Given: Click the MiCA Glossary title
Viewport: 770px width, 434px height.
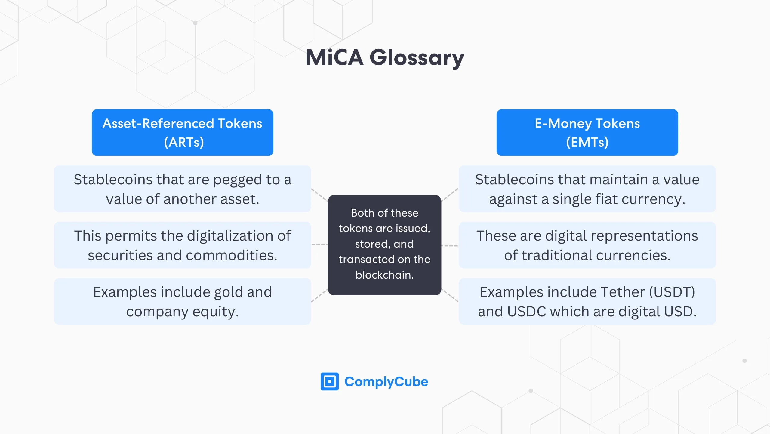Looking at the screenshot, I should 385,57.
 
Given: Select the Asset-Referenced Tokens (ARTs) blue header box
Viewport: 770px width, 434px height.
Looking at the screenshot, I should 182,132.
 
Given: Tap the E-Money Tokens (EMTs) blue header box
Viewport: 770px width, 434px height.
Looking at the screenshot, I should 587,132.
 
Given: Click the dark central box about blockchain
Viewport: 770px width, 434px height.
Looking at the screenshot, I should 384,245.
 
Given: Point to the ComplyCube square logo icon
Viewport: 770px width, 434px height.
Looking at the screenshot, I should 329,381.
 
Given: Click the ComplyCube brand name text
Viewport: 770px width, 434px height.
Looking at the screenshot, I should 386,381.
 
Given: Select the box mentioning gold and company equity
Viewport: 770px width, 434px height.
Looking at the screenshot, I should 182,301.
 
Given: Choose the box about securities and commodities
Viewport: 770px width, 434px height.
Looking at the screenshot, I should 182,245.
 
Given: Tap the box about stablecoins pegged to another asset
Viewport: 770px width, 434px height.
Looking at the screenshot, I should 182,189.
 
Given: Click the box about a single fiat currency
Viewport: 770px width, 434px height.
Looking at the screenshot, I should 587,189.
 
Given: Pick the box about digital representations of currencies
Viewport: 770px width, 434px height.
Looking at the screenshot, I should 587,245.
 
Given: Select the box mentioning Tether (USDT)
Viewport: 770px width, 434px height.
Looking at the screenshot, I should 587,301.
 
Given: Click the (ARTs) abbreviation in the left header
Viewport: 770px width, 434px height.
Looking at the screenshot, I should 184,142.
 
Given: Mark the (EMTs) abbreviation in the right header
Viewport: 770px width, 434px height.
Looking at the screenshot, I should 587,142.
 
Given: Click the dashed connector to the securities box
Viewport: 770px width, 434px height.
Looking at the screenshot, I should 319,245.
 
